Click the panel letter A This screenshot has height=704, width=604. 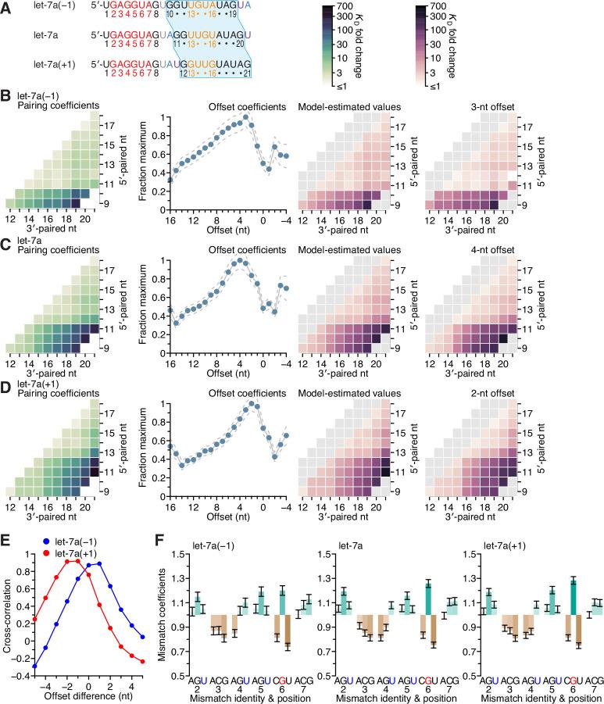(6, 7)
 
